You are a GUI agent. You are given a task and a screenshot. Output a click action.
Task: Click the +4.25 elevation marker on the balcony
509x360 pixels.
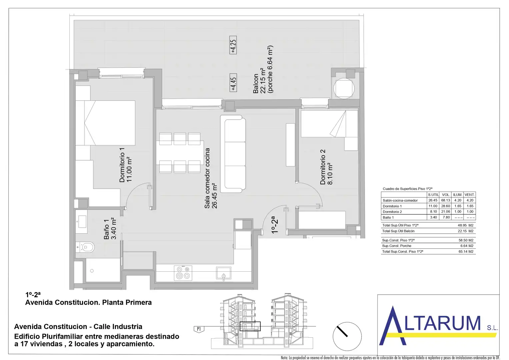coord(233,45)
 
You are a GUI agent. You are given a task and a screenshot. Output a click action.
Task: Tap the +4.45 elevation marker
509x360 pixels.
coord(233,83)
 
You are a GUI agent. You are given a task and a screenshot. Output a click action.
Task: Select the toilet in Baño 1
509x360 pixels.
coord(85,247)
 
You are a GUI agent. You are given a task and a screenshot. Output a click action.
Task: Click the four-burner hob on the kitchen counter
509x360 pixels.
coord(183,273)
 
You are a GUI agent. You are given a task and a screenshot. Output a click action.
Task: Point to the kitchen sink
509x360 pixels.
coord(224,273)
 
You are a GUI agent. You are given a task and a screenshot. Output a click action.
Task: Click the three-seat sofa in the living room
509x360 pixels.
coord(233,154)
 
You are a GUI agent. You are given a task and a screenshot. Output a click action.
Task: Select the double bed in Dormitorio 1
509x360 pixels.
coord(105,123)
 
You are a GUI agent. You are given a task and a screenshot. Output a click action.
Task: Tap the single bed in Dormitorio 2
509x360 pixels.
coord(329,124)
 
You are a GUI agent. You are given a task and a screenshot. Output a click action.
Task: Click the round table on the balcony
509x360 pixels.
coord(344,89)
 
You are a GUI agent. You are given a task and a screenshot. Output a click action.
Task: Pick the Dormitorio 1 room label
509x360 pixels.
coord(126,165)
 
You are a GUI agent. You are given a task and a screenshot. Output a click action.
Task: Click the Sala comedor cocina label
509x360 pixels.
coord(211,178)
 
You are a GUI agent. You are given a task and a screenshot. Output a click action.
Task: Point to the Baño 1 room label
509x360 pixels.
coord(110,229)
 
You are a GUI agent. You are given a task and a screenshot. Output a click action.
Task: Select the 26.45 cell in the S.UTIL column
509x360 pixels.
coord(433,200)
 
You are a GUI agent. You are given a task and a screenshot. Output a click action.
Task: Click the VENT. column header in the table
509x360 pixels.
coord(470,195)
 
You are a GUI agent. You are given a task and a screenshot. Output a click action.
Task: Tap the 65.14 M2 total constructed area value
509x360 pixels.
coord(466,252)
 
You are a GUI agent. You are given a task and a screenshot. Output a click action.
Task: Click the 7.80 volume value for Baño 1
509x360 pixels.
coord(446,217)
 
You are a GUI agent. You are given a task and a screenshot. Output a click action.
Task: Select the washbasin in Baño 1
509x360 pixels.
coord(81,222)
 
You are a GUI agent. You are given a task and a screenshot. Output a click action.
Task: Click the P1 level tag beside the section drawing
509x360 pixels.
coord(199,329)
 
